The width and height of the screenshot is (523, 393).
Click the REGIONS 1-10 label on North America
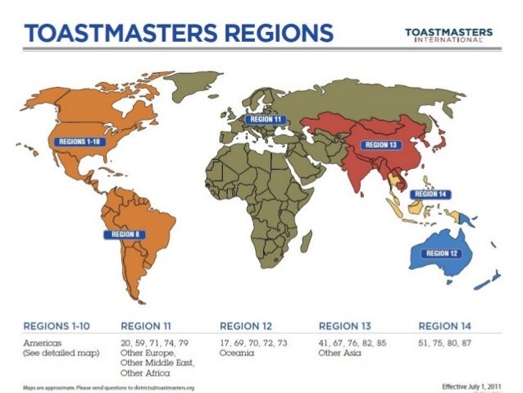[x=79, y=141]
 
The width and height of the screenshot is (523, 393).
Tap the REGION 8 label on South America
[x=125, y=234]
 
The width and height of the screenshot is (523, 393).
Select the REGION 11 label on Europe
[x=266, y=120]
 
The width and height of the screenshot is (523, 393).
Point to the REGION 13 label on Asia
[x=381, y=145]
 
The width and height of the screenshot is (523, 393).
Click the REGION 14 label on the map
[x=430, y=194]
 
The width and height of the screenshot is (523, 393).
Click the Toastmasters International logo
[x=448, y=36]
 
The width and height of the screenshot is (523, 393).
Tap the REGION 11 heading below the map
[x=152, y=326]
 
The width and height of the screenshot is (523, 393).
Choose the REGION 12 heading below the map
[x=250, y=326]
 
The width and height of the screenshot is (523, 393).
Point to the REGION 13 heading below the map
[x=349, y=326]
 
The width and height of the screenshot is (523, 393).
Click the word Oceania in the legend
[x=238, y=352]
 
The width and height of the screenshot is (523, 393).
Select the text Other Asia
[x=340, y=352]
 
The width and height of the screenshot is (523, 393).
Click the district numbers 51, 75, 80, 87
[x=446, y=341]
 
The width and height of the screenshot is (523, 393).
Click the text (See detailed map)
[x=61, y=352]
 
